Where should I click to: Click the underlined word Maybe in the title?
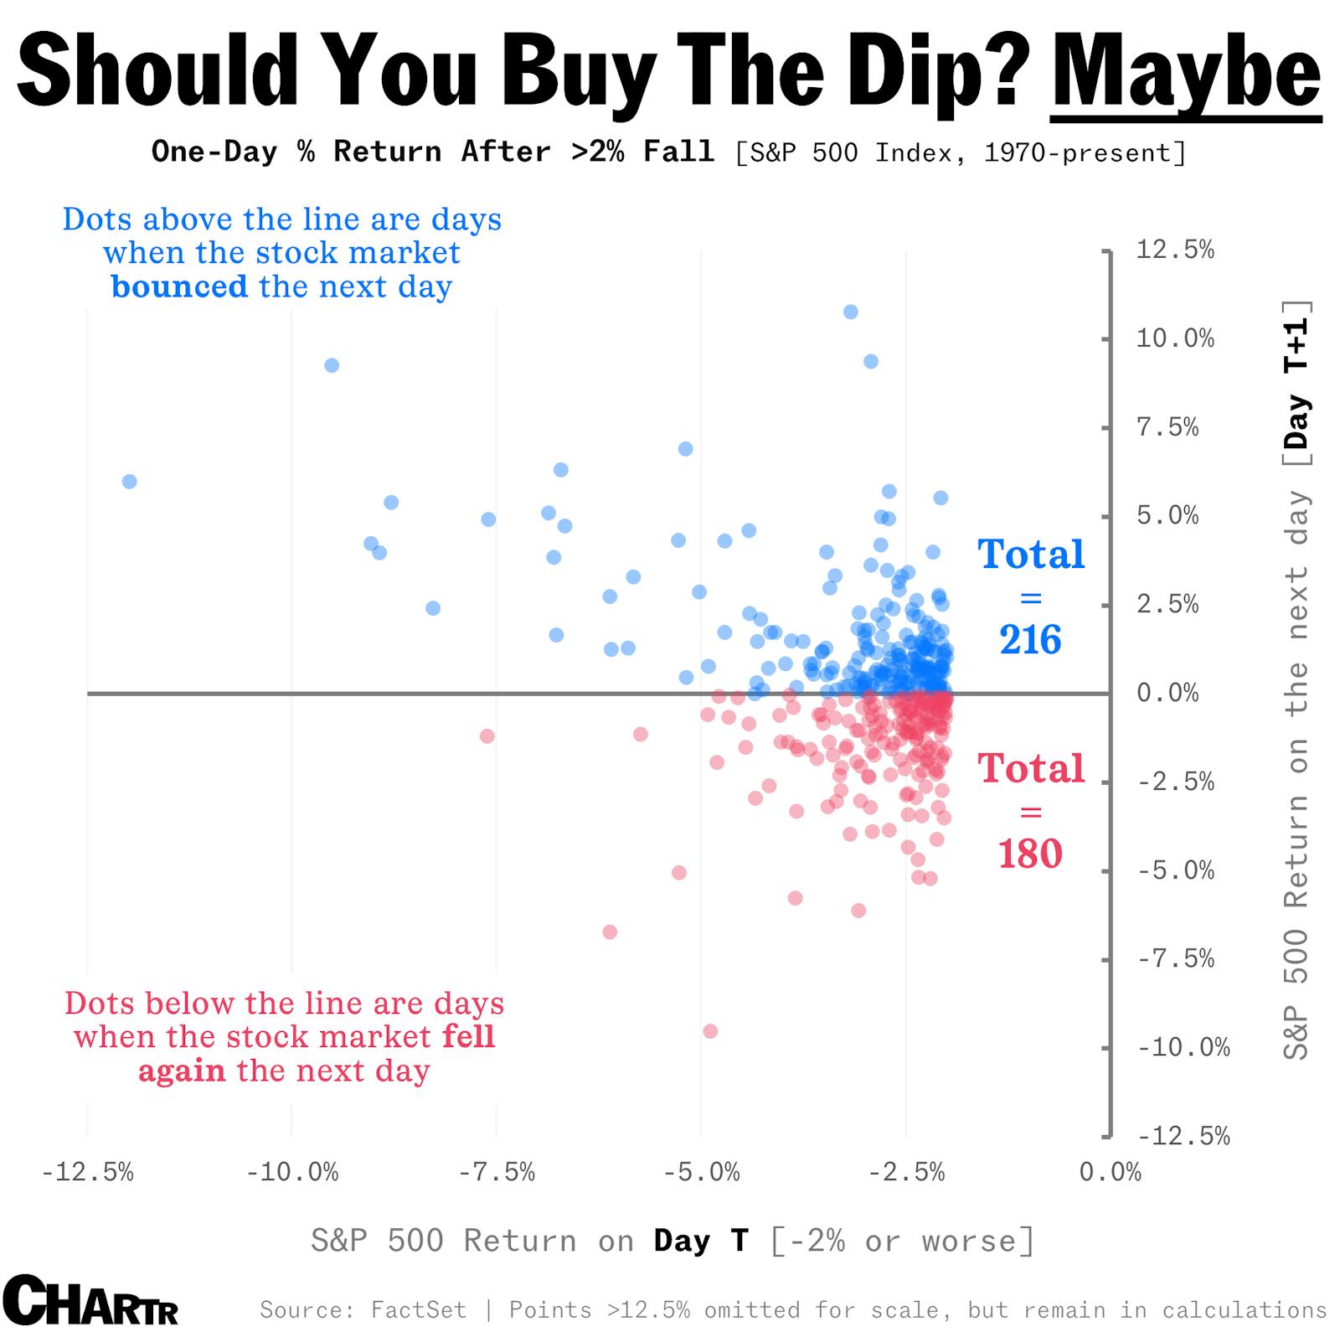pyautogui.click(x=1186, y=74)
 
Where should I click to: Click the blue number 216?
pyautogui.click(x=1030, y=640)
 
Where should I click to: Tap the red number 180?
pyautogui.click(x=1030, y=854)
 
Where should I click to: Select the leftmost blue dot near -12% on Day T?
pyautogui.click(x=129, y=482)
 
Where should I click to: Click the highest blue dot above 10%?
pyautogui.click(x=850, y=312)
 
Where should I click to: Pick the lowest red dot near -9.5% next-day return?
pyautogui.click(x=710, y=1031)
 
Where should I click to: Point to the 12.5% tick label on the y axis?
pyautogui.click(x=1174, y=250)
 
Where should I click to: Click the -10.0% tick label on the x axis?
pyautogui.click(x=292, y=1172)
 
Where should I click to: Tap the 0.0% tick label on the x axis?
pyautogui.click(x=1110, y=1172)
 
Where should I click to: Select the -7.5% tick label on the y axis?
pyautogui.click(x=1176, y=958)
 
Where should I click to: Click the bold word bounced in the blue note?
pyautogui.click(x=179, y=287)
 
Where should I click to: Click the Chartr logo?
pyautogui.click(x=90, y=1300)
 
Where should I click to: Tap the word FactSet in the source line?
pyautogui.click(x=418, y=1309)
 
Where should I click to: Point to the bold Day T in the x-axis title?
pyautogui.click(x=700, y=1241)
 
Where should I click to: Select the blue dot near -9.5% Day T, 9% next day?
pyautogui.click(x=332, y=365)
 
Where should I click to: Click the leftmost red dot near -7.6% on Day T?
pyautogui.click(x=487, y=736)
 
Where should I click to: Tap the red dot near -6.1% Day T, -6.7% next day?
pyautogui.click(x=610, y=932)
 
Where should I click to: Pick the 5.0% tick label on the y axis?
pyautogui.click(x=1167, y=516)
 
